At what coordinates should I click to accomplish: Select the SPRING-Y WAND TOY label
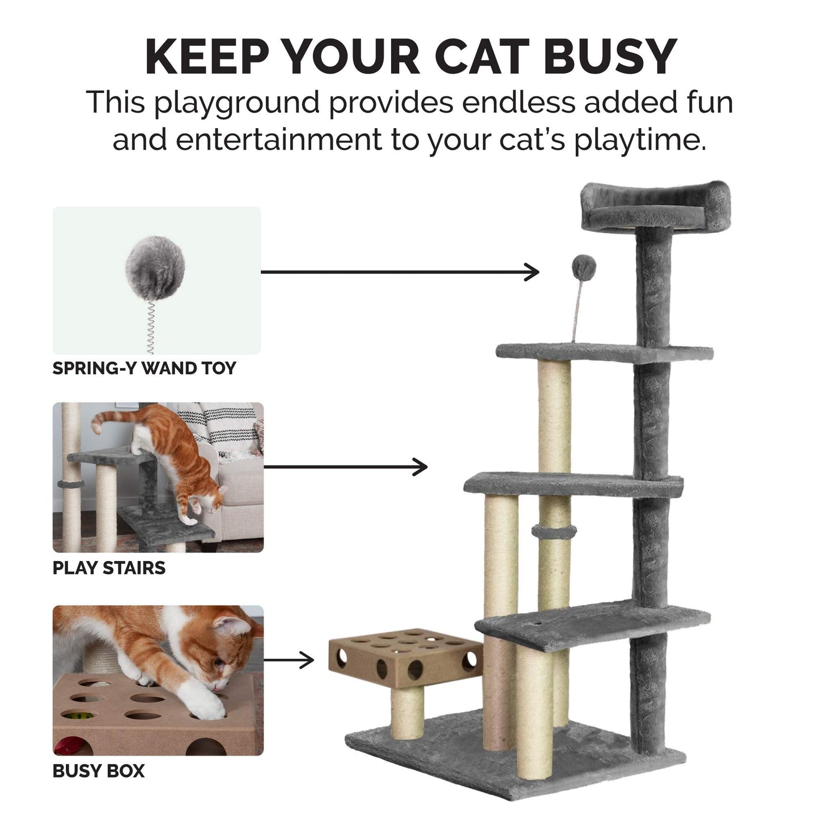pos(144,368)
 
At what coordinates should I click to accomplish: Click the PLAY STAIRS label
pos(109,568)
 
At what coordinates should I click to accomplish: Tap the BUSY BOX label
pos(99,771)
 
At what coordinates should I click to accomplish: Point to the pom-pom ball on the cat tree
pos(583,265)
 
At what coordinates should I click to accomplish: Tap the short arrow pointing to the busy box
pos(289,660)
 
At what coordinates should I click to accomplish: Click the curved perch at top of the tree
pos(656,208)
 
